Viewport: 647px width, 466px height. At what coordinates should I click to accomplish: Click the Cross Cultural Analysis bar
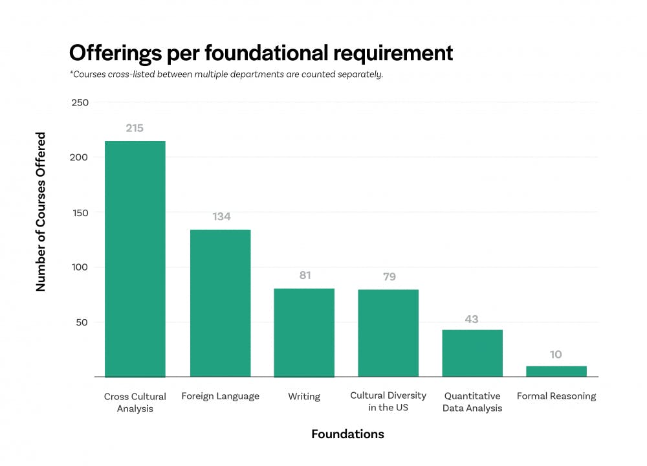(135, 259)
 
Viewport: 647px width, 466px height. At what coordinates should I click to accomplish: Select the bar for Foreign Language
(220, 303)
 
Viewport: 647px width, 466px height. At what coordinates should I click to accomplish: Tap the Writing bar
(304, 333)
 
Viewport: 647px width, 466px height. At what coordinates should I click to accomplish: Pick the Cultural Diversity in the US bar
(388, 333)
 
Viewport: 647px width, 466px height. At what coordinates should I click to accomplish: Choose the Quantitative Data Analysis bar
(472, 353)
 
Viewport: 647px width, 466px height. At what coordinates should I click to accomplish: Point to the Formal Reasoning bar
(556, 372)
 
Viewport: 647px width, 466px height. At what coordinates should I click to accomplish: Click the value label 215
(135, 128)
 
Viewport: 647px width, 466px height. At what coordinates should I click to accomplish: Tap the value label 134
(221, 217)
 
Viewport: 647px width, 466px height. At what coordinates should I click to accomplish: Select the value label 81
(305, 275)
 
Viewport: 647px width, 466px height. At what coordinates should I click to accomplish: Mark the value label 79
(388, 276)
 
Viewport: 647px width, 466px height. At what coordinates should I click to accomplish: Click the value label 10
(556, 354)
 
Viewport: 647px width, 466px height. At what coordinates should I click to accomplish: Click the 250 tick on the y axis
(80, 102)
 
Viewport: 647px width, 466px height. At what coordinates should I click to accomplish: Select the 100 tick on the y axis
(80, 267)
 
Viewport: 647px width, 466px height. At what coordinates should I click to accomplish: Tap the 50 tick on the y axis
(83, 322)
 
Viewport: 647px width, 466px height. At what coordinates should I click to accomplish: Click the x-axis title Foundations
(347, 434)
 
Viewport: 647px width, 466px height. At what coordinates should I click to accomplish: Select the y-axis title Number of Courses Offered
(41, 212)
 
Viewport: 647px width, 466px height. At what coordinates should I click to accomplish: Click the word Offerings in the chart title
(116, 53)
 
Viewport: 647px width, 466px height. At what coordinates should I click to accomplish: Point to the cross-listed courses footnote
(226, 74)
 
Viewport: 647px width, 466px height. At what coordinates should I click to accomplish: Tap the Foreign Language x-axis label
(220, 396)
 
